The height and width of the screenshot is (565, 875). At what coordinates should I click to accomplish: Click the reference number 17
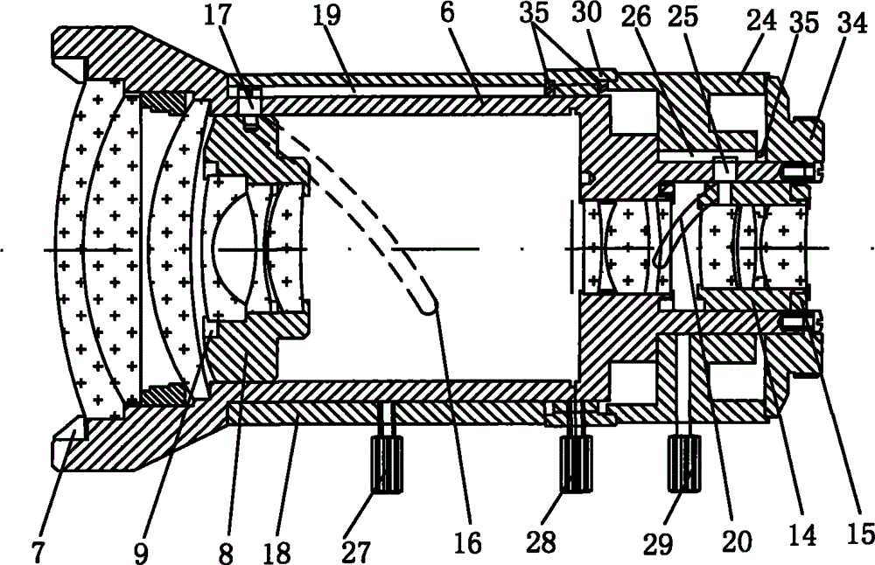tap(217, 16)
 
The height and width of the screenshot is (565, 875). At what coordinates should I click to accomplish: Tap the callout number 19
tap(325, 15)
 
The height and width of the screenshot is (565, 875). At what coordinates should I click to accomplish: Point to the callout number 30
tap(587, 13)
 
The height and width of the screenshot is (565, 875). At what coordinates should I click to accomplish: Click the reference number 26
tap(636, 17)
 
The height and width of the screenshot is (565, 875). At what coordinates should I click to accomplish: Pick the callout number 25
tap(683, 17)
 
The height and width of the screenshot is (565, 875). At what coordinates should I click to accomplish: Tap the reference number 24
tap(763, 21)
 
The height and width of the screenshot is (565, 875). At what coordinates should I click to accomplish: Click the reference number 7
tap(37, 551)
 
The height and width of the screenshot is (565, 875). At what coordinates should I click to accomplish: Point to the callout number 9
tap(141, 552)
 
